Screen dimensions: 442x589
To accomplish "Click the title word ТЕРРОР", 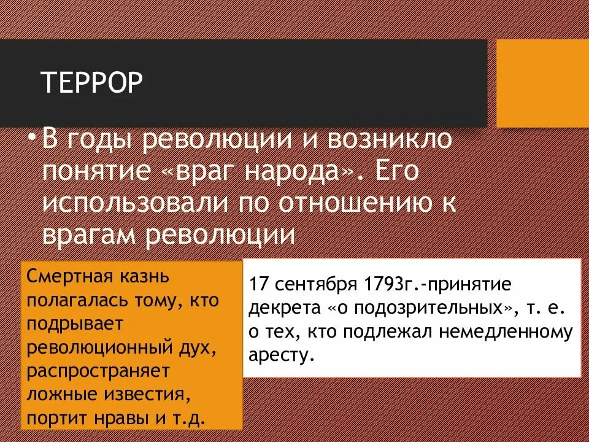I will click(91, 83).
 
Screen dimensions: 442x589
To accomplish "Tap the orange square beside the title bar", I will click(542, 83).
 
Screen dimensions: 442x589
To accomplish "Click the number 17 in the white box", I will click(258, 286).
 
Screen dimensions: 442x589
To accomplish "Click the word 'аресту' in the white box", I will click(279, 355).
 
